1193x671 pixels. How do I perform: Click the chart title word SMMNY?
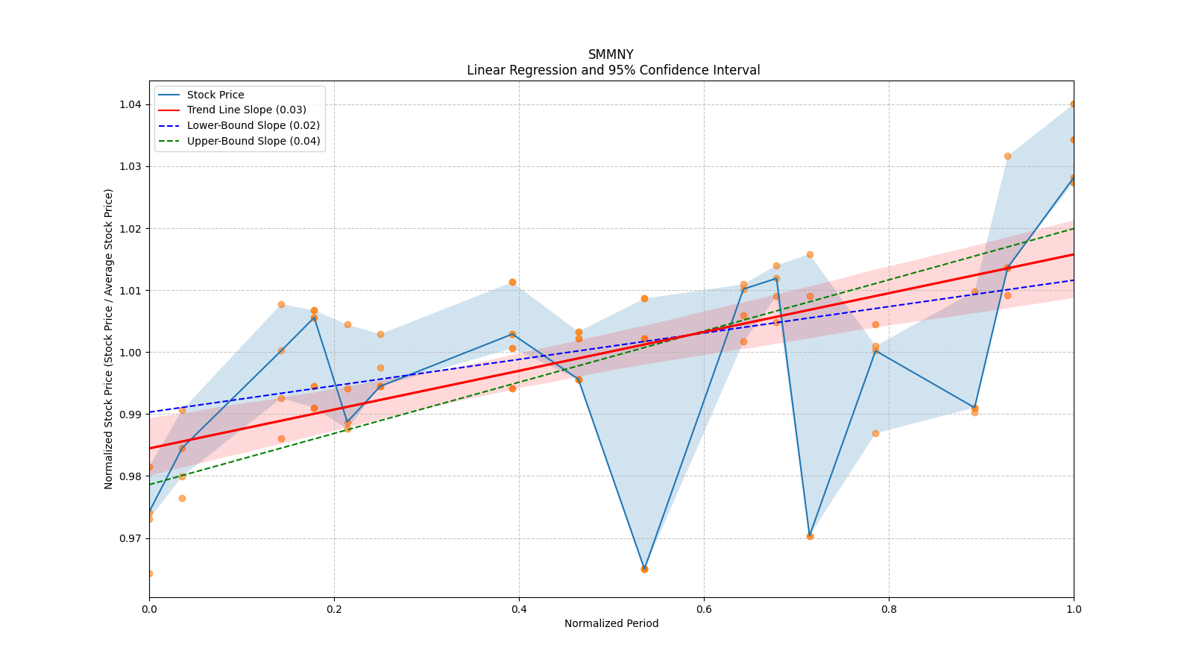pos(611,54)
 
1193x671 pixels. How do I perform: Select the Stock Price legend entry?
pos(215,95)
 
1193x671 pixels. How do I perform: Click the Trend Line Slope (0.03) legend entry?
pos(246,110)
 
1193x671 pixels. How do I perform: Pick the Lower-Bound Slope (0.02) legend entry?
pos(253,125)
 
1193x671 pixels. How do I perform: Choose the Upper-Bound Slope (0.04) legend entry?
pos(254,141)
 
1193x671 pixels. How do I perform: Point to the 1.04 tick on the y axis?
pos(130,104)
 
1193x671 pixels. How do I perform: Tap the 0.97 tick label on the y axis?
pos(130,538)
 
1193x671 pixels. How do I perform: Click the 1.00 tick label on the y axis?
pos(130,352)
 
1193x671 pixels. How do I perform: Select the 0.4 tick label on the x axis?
pos(519,609)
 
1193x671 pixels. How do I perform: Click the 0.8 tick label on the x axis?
pos(889,609)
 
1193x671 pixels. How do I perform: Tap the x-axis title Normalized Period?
pos(611,623)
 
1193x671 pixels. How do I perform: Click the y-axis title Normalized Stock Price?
pos(109,338)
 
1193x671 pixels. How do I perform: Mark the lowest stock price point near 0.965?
pos(644,569)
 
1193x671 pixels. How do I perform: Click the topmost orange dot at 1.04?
pos(1073,104)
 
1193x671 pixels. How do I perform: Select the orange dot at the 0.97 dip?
pos(810,536)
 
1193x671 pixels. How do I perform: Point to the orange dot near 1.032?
pos(1007,156)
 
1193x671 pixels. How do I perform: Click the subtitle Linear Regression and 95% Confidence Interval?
pos(613,70)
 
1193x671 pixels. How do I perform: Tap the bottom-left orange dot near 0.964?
pos(150,573)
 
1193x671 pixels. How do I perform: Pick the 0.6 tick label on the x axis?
pos(704,609)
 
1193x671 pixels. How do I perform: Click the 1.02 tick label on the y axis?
pos(130,228)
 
